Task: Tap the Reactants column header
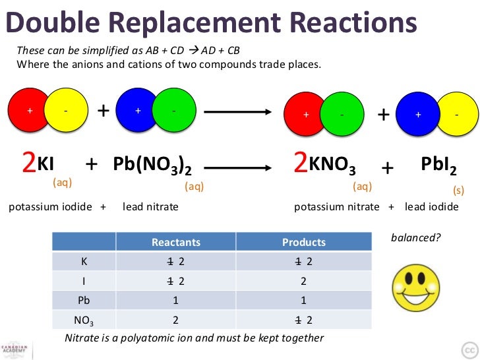(175, 242)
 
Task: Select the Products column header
(303, 242)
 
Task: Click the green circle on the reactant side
(173, 111)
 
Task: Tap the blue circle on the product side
(417, 115)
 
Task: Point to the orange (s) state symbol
(458, 189)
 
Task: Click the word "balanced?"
(415, 238)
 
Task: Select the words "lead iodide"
(431, 207)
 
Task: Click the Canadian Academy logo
(13, 349)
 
